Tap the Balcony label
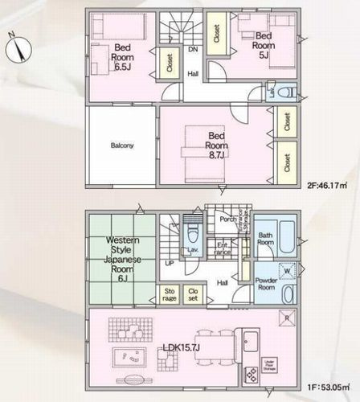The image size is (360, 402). pos(122,146)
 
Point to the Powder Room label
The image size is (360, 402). pos(267,284)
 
